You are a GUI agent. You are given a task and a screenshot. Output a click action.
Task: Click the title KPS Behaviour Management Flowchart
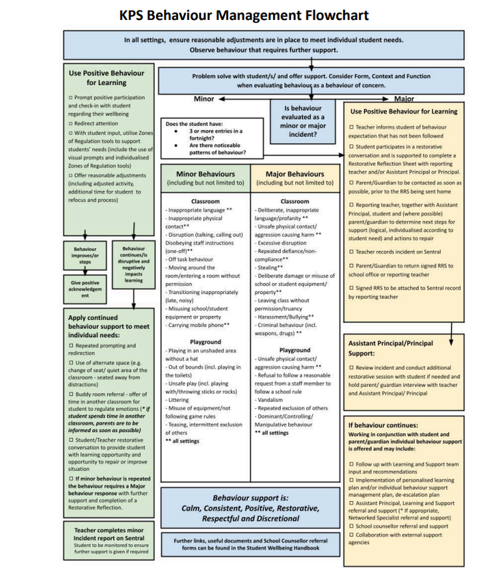point(244,15)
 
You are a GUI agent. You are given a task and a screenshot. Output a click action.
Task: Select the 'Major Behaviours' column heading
point(294,174)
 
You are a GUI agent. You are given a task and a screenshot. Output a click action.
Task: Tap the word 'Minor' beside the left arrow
point(204,99)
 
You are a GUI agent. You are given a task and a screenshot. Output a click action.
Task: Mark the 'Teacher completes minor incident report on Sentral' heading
point(109,534)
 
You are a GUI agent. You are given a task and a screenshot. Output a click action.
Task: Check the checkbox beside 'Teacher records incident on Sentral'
point(351,251)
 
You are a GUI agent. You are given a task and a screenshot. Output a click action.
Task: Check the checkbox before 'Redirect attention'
point(71,123)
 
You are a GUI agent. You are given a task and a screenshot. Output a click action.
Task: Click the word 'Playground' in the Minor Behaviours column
point(205,342)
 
